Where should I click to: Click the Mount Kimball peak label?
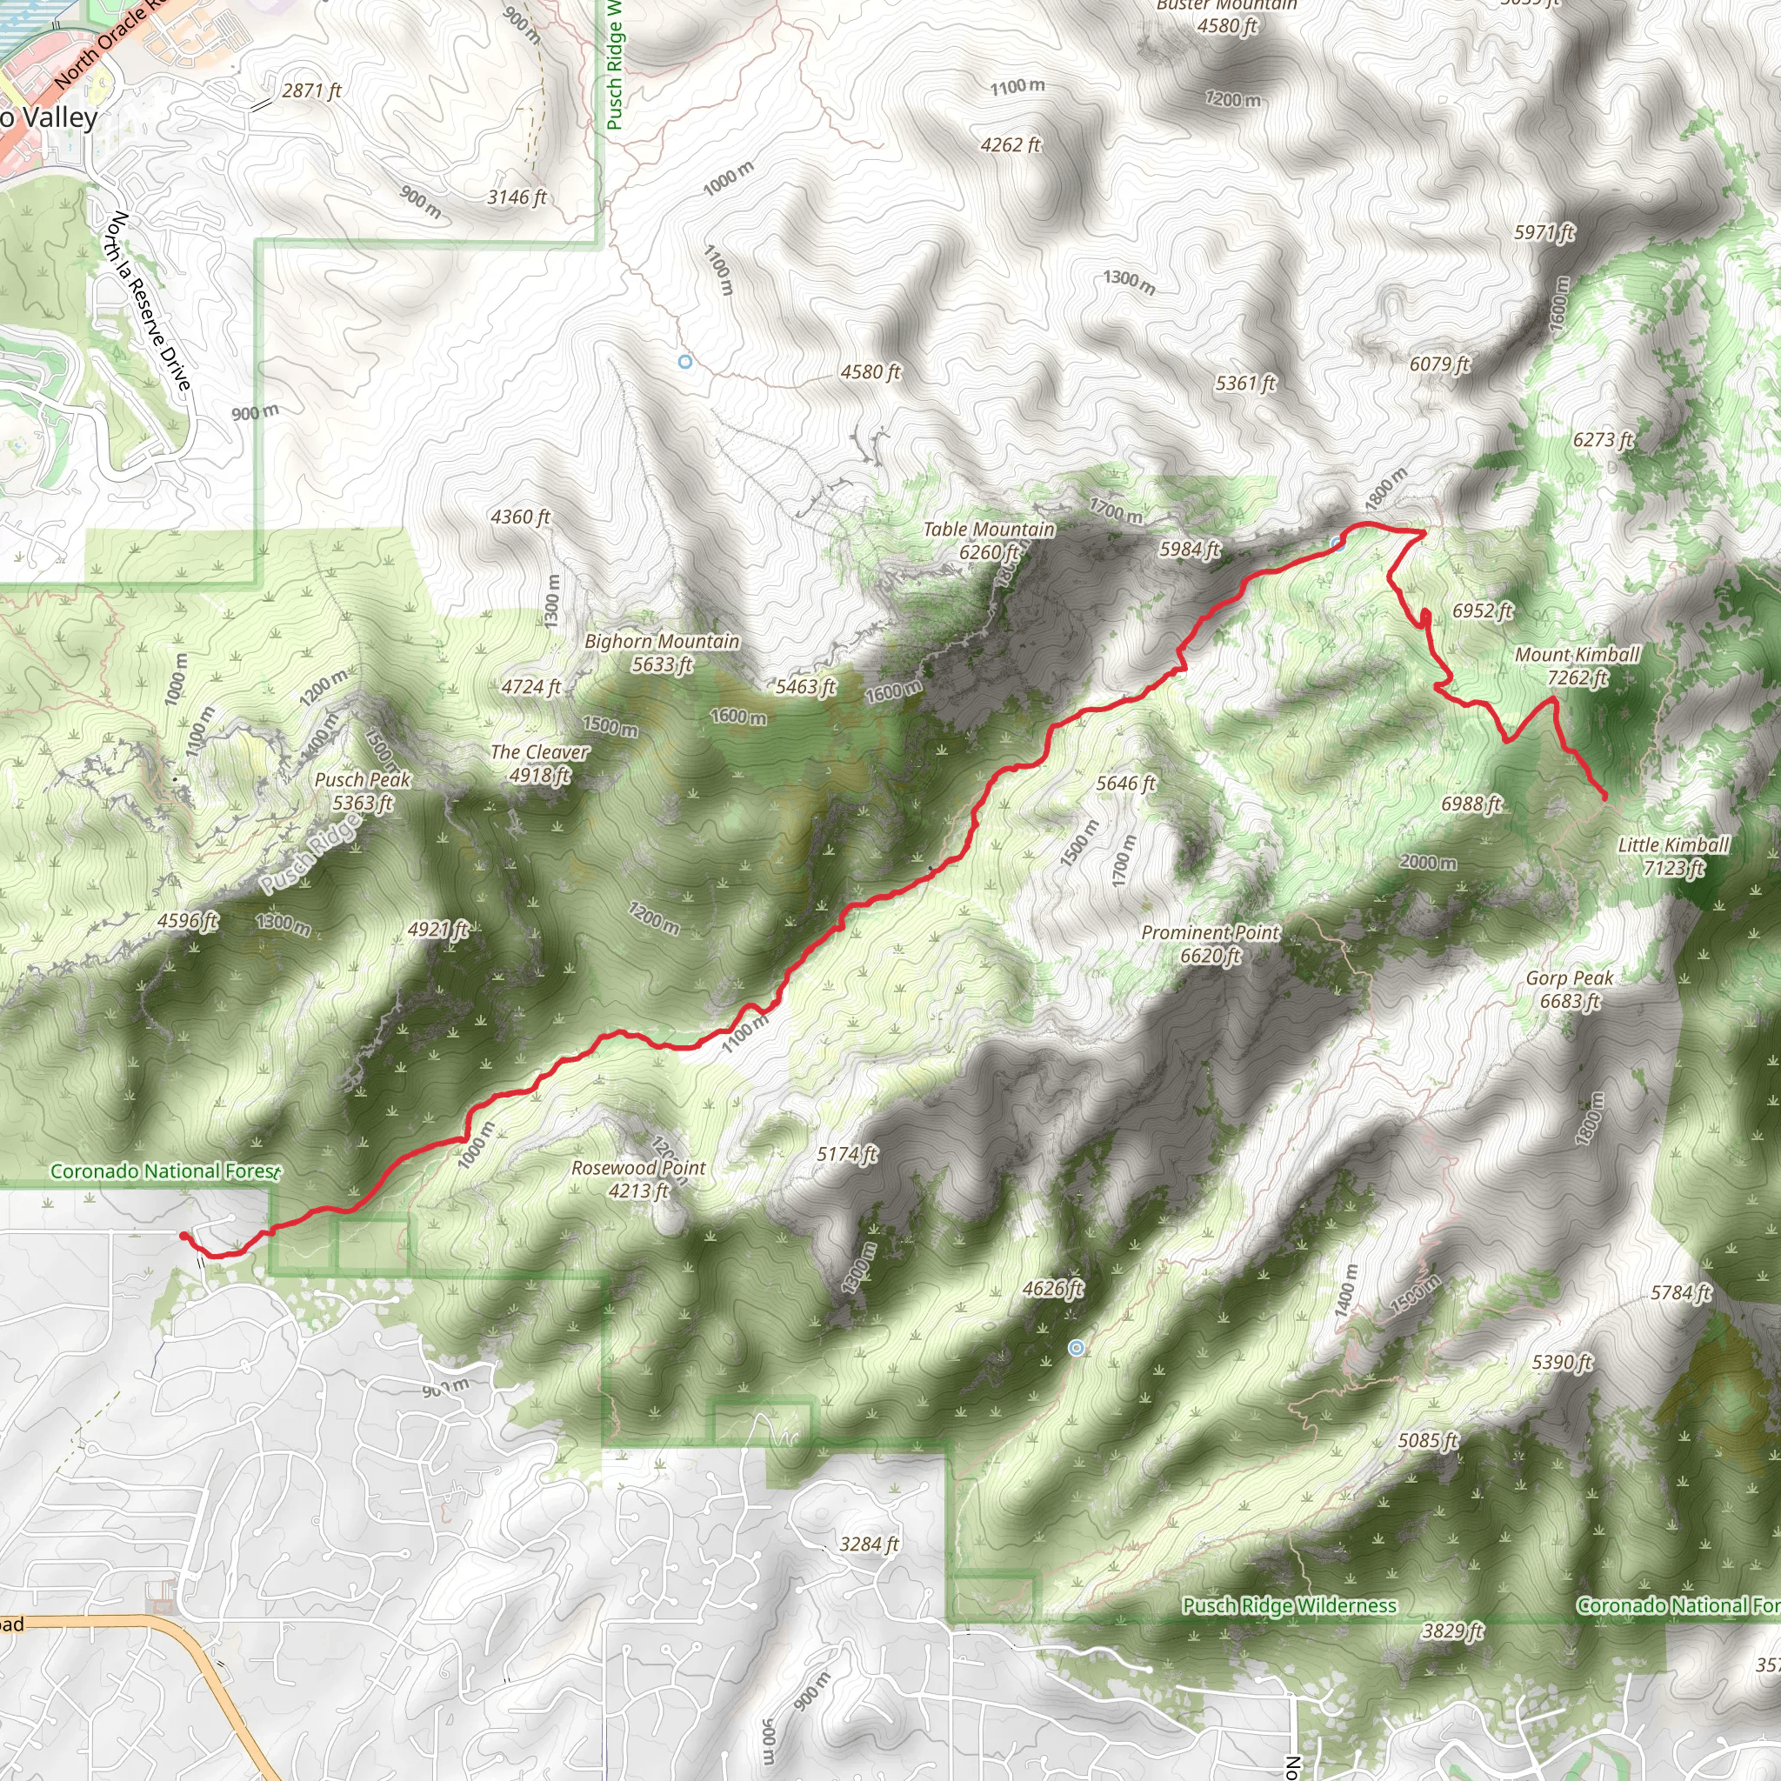pos(1578,665)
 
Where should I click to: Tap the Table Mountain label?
pos(989,540)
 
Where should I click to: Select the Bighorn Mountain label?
pos(662,651)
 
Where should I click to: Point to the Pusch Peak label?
pos(363,791)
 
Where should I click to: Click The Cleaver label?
pos(539,764)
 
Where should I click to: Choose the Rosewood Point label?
pos(638,1179)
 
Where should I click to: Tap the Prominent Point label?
pos(1210,944)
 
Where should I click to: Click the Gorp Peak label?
pos(1569,989)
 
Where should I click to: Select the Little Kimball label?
pos(1673,856)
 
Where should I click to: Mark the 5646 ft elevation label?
pos(1125,784)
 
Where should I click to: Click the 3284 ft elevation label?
pos(869,1544)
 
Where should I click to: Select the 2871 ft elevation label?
pos(311,90)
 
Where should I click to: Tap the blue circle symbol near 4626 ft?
pos(1076,1348)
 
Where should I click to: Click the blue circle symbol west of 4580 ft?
pos(685,363)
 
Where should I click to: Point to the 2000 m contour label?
pos(1428,862)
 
